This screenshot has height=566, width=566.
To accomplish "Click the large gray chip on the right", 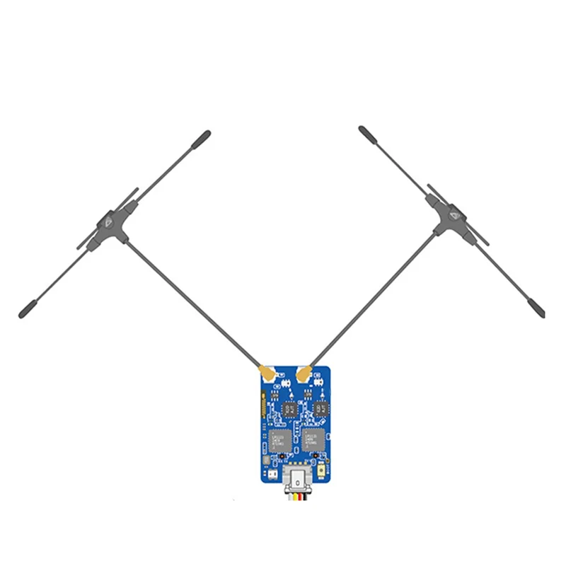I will [x=313, y=439].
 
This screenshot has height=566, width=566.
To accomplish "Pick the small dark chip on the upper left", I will [x=290, y=408].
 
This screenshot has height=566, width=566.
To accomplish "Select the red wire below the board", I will [x=298, y=498].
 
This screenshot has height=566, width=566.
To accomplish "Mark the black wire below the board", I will [x=304, y=498].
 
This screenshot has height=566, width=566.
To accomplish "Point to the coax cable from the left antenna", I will [x=191, y=301].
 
